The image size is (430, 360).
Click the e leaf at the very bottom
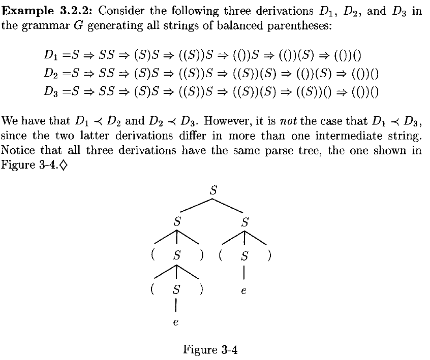176,322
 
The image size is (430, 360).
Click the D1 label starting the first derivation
50,54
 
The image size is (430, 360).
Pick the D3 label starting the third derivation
50,92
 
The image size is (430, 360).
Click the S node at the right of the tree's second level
245,222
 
